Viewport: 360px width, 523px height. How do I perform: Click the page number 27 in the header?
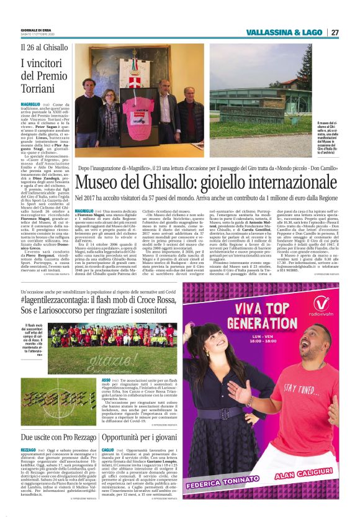coord(335,32)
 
